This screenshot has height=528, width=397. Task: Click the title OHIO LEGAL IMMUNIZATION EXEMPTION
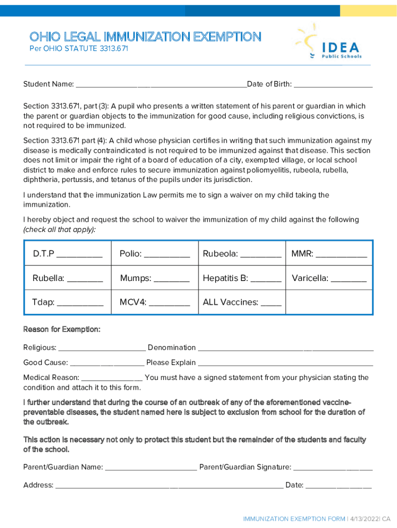145,37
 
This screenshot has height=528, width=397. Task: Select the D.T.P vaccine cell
68,254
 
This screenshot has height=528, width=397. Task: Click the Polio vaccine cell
155,254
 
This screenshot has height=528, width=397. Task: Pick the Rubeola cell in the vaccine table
242,254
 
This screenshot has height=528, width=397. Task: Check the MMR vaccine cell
329,254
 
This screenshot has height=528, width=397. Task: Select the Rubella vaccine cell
68,278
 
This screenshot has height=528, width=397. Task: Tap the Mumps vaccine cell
155,278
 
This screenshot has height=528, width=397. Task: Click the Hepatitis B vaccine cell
242,278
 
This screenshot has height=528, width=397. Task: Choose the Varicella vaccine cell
329,278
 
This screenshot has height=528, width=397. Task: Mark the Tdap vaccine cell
68,302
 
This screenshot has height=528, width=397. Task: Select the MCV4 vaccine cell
155,302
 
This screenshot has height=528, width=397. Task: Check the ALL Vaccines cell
242,302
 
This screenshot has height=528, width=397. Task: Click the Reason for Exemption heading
62,329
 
